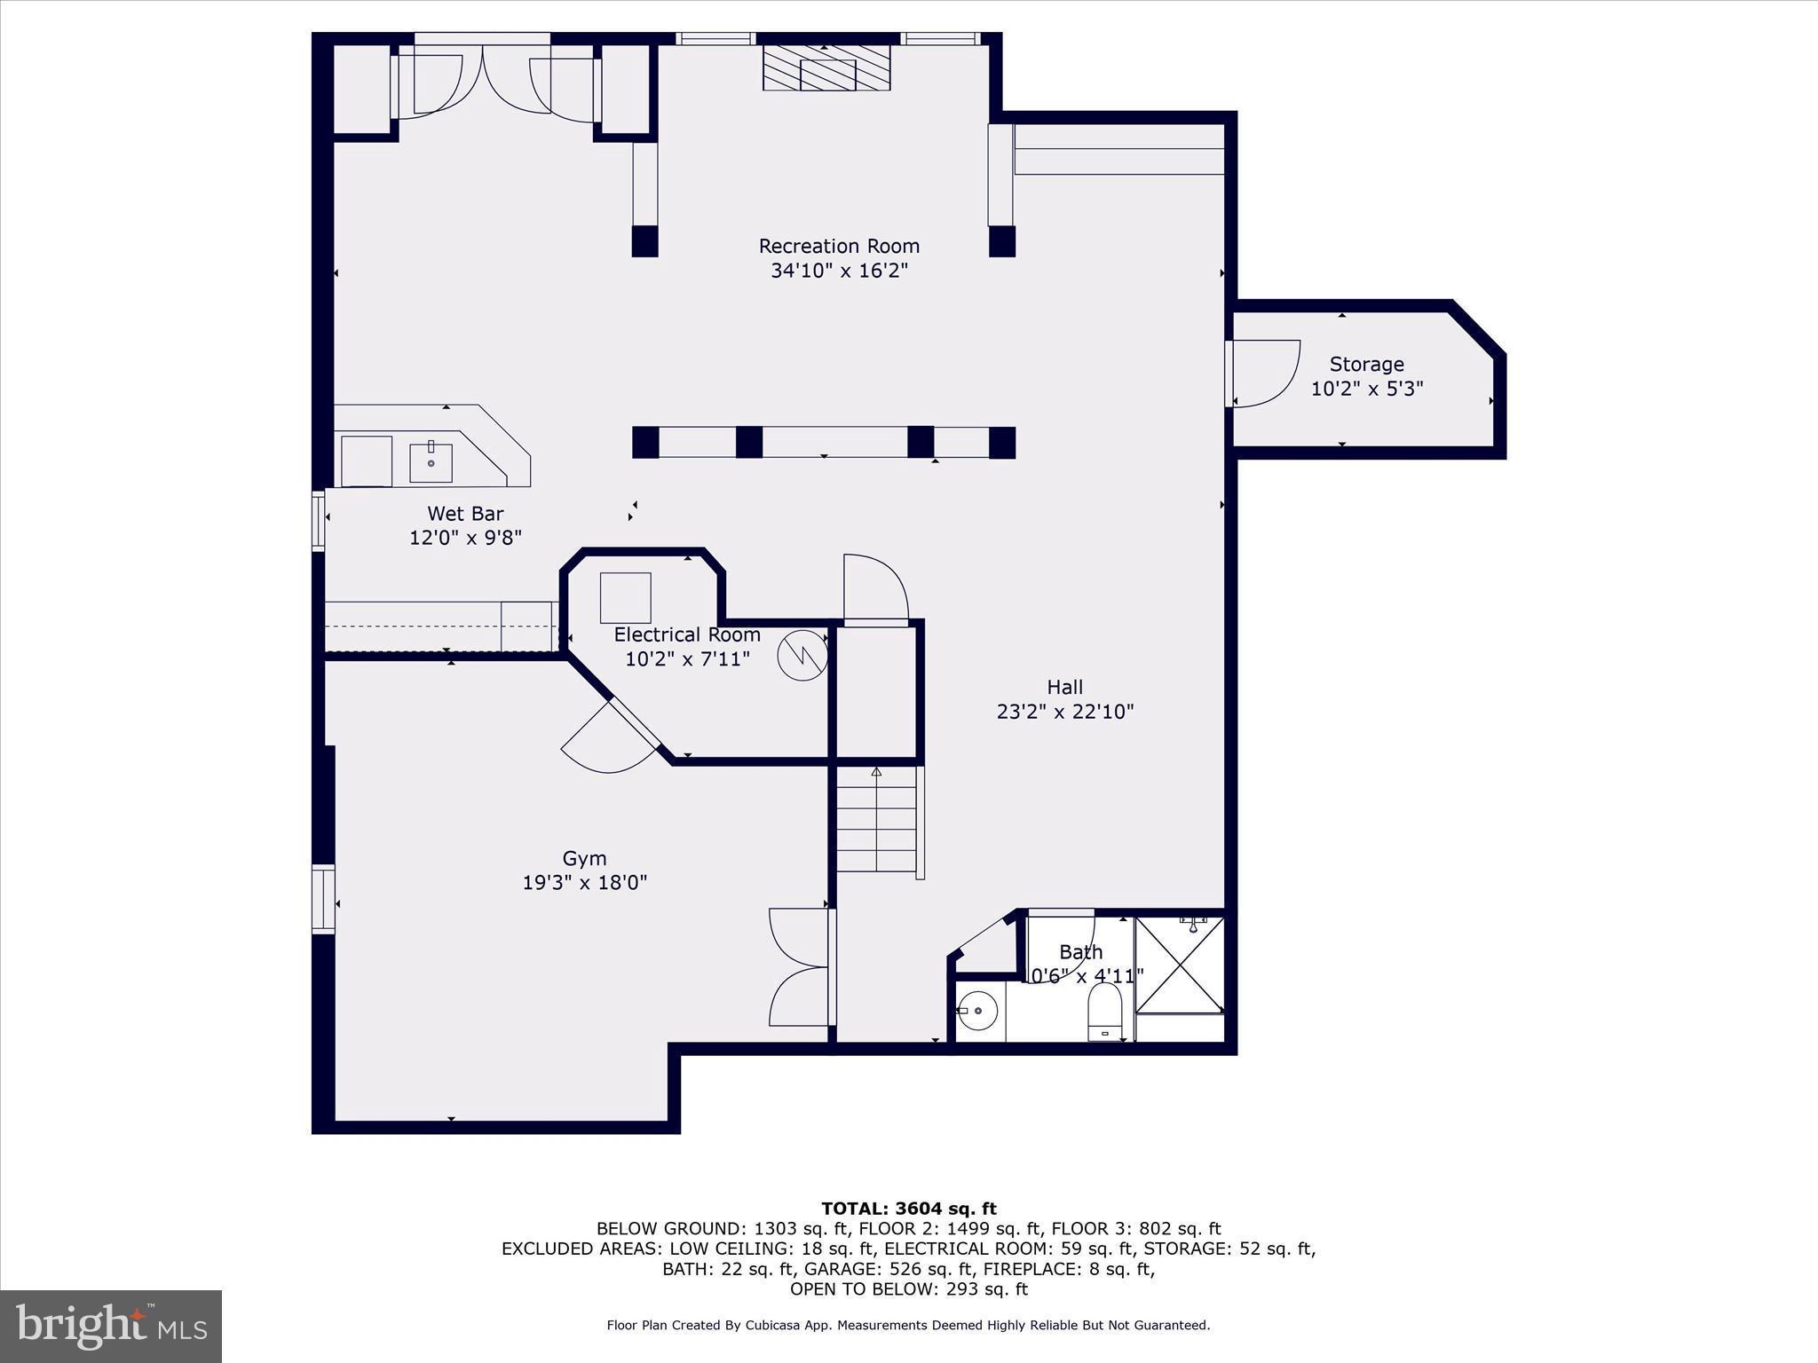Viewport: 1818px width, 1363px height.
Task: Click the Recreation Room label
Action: click(x=839, y=246)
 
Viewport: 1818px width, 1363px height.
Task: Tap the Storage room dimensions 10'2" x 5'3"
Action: click(x=1367, y=389)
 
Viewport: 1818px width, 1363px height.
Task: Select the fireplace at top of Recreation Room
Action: click(x=826, y=68)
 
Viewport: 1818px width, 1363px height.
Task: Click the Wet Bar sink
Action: click(x=431, y=462)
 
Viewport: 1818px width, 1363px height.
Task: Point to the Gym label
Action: click(x=584, y=858)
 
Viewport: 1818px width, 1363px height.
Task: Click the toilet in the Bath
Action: click(x=1105, y=1012)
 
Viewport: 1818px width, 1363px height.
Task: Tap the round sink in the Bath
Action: click(x=977, y=1011)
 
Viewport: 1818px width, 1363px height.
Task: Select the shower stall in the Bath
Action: click(x=1180, y=965)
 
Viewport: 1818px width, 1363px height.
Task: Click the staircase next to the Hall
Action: click(x=877, y=820)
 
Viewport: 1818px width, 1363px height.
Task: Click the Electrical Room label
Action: click(x=687, y=634)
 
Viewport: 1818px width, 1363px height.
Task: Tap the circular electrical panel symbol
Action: click(x=802, y=656)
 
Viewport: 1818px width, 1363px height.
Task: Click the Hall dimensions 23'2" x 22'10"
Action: click(x=1065, y=712)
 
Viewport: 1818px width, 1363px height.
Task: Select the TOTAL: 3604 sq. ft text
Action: click(x=908, y=1209)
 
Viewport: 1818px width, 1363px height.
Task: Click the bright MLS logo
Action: click(x=111, y=1326)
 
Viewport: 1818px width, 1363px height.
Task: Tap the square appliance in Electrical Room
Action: click(x=626, y=597)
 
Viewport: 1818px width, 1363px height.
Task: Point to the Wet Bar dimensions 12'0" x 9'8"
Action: click(x=465, y=538)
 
